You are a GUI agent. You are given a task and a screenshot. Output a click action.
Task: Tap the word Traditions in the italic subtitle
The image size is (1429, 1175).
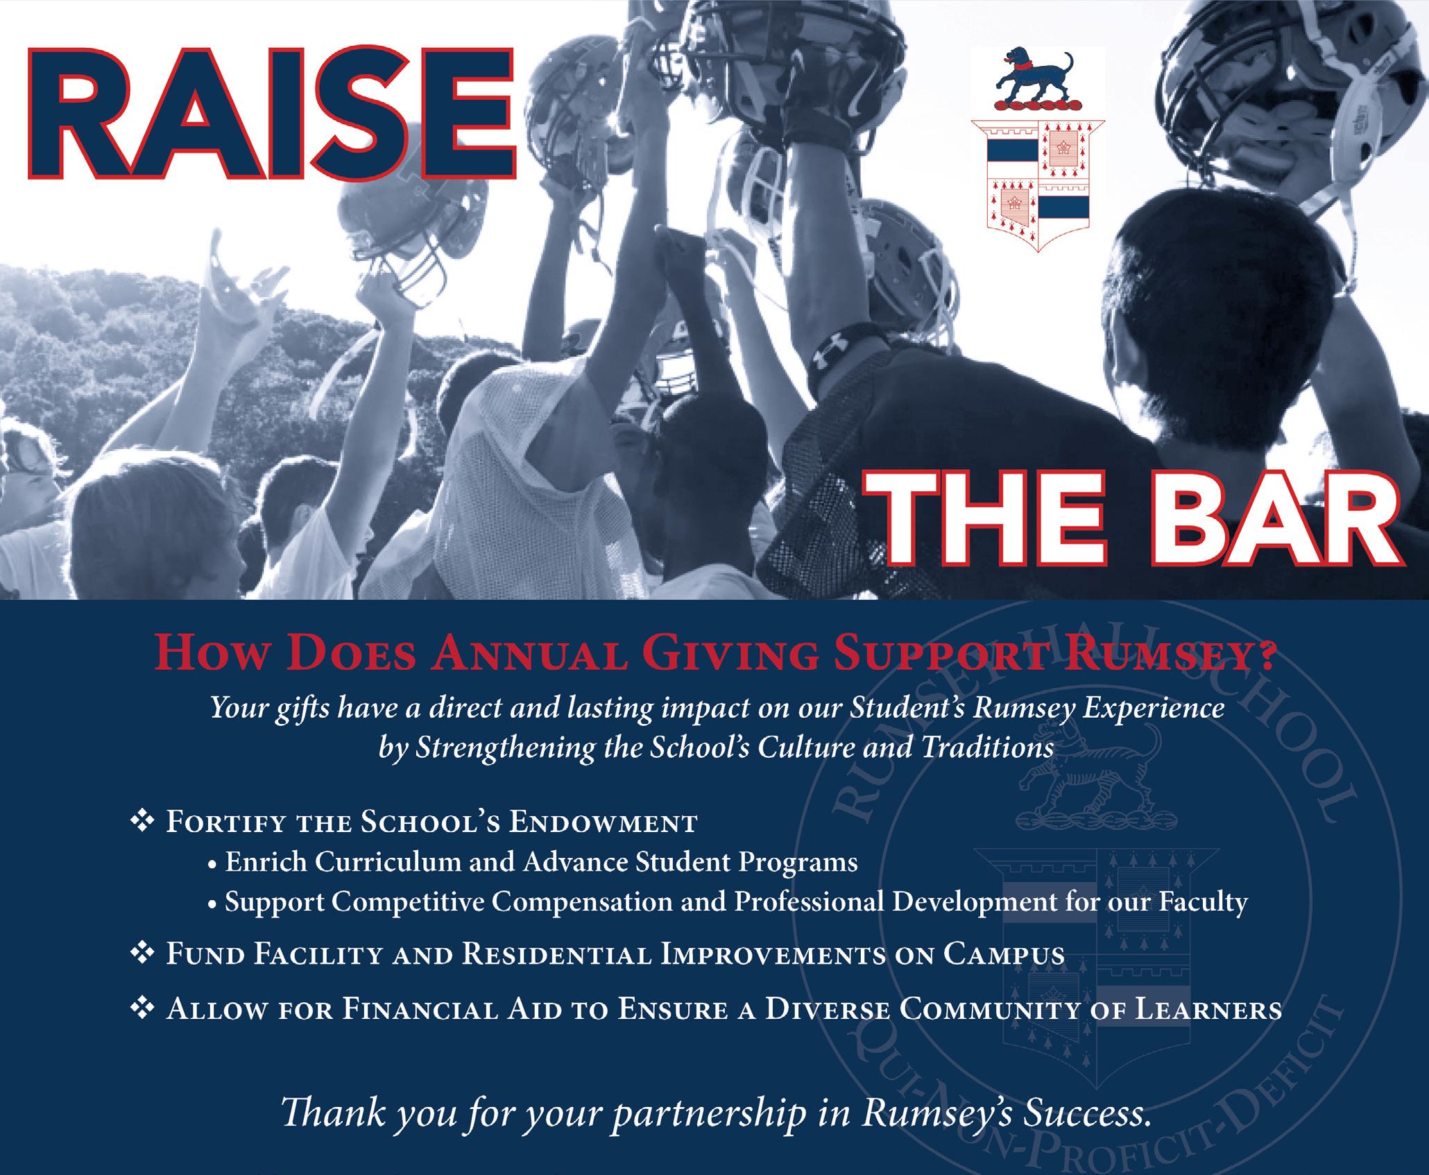(986, 749)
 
